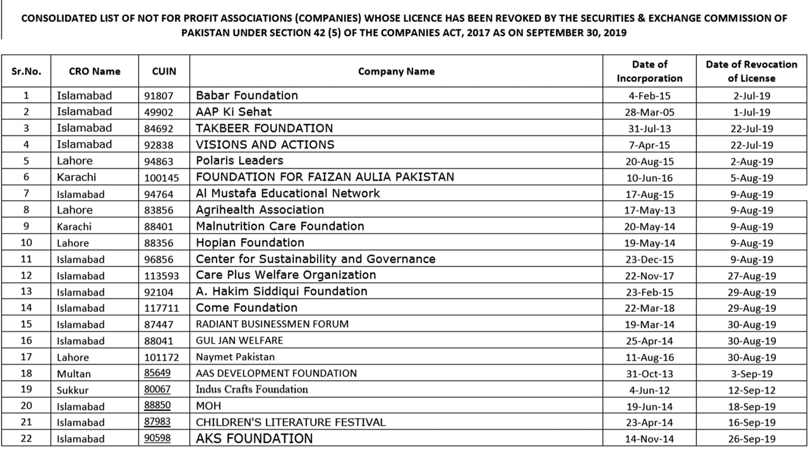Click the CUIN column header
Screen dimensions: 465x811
pyautogui.click(x=164, y=71)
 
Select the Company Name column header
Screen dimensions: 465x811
pyautogui.click(x=396, y=71)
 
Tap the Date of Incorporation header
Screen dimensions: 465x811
pyautogui.click(x=649, y=71)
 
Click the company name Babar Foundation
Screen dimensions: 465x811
pyautogui.click(x=247, y=96)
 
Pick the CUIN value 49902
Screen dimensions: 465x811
pyautogui.click(x=159, y=112)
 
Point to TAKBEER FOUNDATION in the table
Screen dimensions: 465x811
pyautogui.click(x=264, y=128)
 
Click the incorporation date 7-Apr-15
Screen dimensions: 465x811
pyautogui.click(x=649, y=145)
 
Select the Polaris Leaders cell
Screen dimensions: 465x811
pyautogui.click(x=239, y=161)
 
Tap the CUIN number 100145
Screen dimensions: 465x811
pyautogui.click(x=161, y=178)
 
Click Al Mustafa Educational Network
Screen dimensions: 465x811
pyautogui.click(x=287, y=194)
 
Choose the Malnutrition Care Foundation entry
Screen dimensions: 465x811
pyautogui.click(x=280, y=226)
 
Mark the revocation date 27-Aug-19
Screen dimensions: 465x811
pyautogui.click(x=752, y=276)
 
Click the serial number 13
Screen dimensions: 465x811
pyautogui.click(x=26, y=292)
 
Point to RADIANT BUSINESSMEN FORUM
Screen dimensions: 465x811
pyautogui.click(x=272, y=324)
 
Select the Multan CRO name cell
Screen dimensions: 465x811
pyautogui.click(x=73, y=374)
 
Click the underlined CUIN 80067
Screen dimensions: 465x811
pyautogui.click(x=157, y=389)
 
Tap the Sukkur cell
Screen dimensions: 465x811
pyautogui.click(x=73, y=390)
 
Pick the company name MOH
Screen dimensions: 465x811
pyautogui.click(x=208, y=406)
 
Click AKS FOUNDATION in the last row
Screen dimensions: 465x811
pyautogui.click(x=254, y=439)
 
